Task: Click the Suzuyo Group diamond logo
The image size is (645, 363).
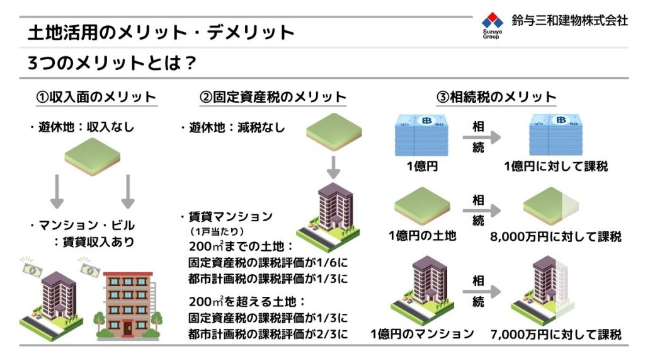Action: pyautogui.click(x=493, y=20)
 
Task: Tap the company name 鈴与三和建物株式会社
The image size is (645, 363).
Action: pyautogui.click(x=569, y=20)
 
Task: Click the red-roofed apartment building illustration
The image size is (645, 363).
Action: pyautogui.click(x=128, y=306)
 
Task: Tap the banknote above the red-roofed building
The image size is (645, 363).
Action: pyautogui.click(x=89, y=268)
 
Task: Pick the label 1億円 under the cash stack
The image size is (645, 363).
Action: pyautogui.click(x=422, y=166)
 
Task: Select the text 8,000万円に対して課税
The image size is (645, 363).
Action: pyautogui.click(x=556, y=237)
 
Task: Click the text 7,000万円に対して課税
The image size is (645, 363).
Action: pyautogui.click(x=556, y=334)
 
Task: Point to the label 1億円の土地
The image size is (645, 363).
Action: pyautogui.click(x=423, y=236)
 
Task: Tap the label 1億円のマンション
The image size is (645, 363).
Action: pyautogui.click(x=422, y=333)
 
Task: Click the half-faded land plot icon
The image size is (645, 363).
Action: pyautogui.click(x=551, y=207)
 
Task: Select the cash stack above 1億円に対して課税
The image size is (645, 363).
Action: pyautogui.click(x=556, y=135)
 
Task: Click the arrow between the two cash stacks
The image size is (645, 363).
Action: pyautogui.click(x=481, y=137)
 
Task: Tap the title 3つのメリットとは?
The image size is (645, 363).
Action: pyautogui.click(x=112, y=63)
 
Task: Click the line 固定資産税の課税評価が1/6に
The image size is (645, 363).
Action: pyautogui.click(x=268, y=262)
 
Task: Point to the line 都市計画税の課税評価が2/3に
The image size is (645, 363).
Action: pyautogui.click(x=268, y=334)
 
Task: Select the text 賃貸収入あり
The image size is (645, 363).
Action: pyautogui.click(x=98, y=241)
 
